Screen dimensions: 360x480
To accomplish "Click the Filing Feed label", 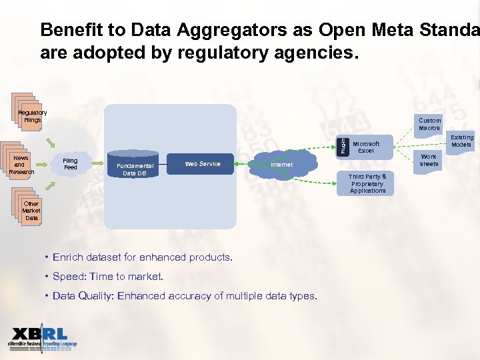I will (70, 164).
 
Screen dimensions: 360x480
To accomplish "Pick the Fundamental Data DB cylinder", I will (134, 168).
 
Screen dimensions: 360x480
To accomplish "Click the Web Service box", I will (202, 164).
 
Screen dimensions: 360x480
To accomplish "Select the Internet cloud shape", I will (281, 165).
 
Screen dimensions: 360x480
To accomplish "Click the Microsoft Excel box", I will (366, 147).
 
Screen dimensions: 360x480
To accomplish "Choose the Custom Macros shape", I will (429, 124).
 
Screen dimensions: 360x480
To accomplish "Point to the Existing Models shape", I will (461, 141).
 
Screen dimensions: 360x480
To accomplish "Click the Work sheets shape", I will (429, 161).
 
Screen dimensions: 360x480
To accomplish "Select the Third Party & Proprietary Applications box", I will (367, 183).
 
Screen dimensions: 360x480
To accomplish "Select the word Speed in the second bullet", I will (69, 277).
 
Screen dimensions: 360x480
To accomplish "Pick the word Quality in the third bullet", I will (95, 296).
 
